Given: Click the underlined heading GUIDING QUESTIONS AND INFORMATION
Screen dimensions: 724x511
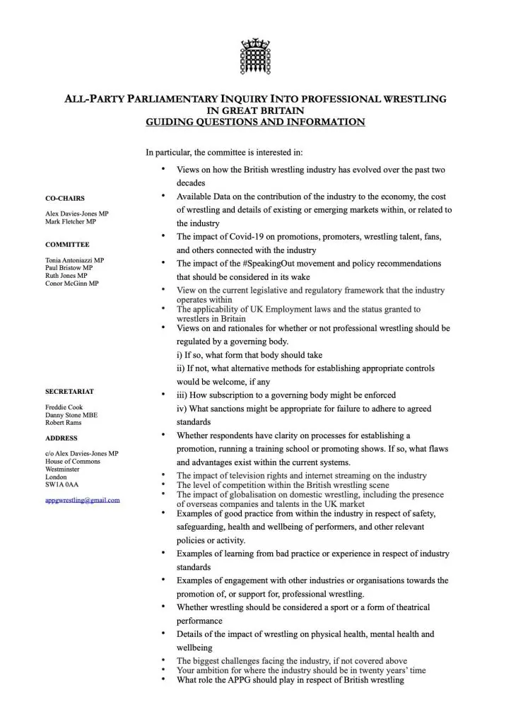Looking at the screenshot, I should pyautogui.click(x=255, y=122).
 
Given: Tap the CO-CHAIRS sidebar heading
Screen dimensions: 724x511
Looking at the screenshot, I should pyautogui.click(x=65, y=199).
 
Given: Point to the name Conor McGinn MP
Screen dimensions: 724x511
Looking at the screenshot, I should pyautogui.click(x=71, y=284).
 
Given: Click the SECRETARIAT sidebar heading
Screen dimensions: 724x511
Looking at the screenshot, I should pyautogui.click(x=69, y=391).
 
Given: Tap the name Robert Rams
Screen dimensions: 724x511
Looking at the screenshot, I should pyautogui.click(x=63, y=422).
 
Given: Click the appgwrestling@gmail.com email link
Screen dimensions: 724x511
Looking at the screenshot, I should pyautogui.click(x=82, y=500).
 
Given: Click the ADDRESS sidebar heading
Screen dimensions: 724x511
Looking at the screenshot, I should pyautogui.click(x=61, y=438).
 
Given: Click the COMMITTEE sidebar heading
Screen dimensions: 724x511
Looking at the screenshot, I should pyautogui.click(x=67, y=245).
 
